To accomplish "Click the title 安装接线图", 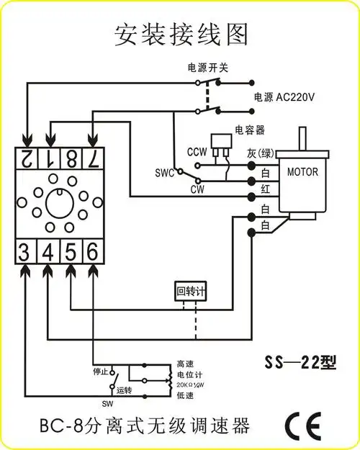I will click(x=181, y=33).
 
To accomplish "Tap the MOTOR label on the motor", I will click(x=302, y=172).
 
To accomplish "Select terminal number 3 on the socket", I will click(x=25, y=251).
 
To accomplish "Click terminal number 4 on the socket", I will click(x=48, y=251).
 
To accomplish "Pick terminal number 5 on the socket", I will click(x=70, y=251).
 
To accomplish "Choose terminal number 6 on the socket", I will click(x=92, y=251).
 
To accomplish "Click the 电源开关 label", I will click(x=207, y=67).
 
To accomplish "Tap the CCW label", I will click(x=197, y=152).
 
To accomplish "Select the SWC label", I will click(x=165, y=174).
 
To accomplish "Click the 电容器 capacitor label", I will click(x=250, y=130).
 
